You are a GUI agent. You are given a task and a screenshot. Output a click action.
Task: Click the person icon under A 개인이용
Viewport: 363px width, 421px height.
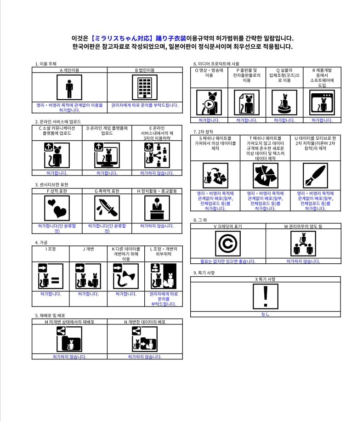click(69, 87)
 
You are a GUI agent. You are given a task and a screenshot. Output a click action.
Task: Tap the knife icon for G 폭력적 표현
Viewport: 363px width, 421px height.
click(107, 209)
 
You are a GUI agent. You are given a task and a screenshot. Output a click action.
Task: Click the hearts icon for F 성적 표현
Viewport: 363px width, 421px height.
click(57, 209)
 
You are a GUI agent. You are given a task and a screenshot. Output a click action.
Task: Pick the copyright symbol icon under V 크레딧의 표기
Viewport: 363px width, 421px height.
click(227, 244)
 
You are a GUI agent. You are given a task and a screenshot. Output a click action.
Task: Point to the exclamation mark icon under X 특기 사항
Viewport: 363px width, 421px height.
click(265, 296)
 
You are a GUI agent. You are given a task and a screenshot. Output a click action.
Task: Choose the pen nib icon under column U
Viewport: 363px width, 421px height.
click(315, 176)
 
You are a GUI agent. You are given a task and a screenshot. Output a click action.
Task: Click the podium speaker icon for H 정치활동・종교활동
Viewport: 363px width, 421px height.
click(157, 209)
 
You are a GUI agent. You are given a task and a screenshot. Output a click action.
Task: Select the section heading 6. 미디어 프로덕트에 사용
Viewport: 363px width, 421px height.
click(216, 63)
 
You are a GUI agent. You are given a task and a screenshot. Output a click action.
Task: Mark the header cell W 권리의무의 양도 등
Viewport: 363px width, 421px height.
click(303, 226)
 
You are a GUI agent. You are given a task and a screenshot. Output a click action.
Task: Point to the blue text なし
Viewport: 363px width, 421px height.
click(265, 314)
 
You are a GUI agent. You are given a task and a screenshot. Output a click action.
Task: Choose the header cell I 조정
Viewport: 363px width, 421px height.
click(51, 249)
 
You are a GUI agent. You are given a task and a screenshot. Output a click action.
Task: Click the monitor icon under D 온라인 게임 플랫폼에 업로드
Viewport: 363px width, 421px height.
click(107, 155)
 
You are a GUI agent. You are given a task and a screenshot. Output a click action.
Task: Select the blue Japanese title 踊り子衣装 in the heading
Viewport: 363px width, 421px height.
click(171, 39)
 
